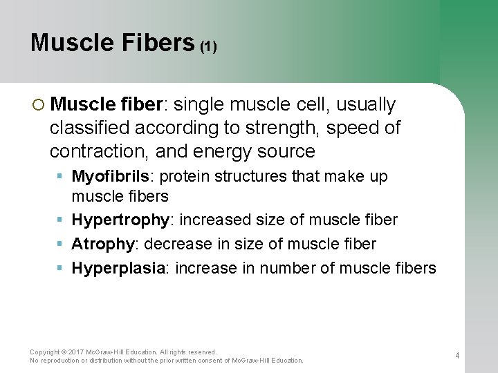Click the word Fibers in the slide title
coord(157,43)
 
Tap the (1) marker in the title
coord(209,47)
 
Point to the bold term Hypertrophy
coord(120,220)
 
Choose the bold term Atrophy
coord(102,244)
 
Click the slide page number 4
coord(457,356)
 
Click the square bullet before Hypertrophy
coord(61,220)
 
